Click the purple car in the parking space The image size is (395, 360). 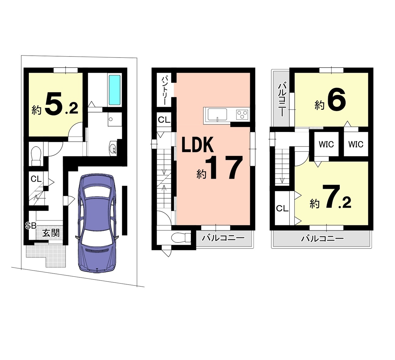pos(97,223)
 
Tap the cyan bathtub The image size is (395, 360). pos(115,90)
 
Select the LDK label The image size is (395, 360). pos(197,145)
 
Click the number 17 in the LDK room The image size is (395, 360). pos(224,167)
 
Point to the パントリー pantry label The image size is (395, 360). pos(165,91)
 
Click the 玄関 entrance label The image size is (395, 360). pos(51,233)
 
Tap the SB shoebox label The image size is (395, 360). pos(31,226)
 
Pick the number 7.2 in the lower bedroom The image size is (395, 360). pos(338,196)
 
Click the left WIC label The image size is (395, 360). pos(326,144)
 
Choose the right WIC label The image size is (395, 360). pos(355,144)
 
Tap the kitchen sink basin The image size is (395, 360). pos(216,115)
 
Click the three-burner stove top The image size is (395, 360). pos(242,115)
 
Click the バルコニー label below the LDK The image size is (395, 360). pos(223,238)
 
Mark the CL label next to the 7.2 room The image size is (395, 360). pos(282,208)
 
